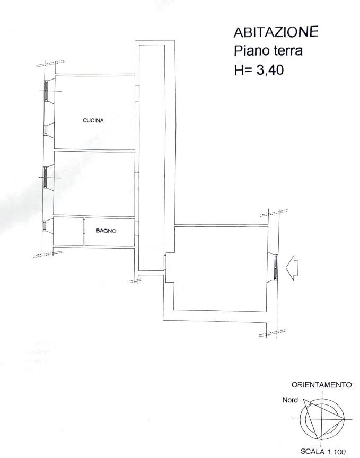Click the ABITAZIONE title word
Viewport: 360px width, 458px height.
click(276, 32)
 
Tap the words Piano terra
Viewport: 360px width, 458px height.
click(268, 51)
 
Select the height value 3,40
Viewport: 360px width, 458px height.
click(270, 70)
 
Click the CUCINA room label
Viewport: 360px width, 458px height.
click(93, 120)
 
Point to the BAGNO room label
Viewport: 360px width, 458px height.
click(106, 231)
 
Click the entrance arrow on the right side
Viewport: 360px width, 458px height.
click(292, 268)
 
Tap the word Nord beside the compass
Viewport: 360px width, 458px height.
click(290, 400)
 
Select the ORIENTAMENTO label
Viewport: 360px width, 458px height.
click(322, 385)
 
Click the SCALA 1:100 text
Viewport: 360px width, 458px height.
click(323, 452)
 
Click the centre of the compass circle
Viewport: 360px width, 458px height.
click(322, 419)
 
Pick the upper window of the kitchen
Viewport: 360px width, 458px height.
click(46, 91)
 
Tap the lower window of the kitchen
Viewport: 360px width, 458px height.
click(46, 130)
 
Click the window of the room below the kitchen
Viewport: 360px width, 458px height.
click(45, 177)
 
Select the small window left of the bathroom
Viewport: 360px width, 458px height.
click(44, 225)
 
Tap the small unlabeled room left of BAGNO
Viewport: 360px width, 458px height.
click(68, 231)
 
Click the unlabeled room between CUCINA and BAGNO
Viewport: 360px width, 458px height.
click(94, 183)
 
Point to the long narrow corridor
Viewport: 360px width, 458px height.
click(152, 158)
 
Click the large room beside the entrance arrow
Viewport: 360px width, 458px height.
click(221, 268)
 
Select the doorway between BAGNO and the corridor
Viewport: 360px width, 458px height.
click(137, 228)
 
